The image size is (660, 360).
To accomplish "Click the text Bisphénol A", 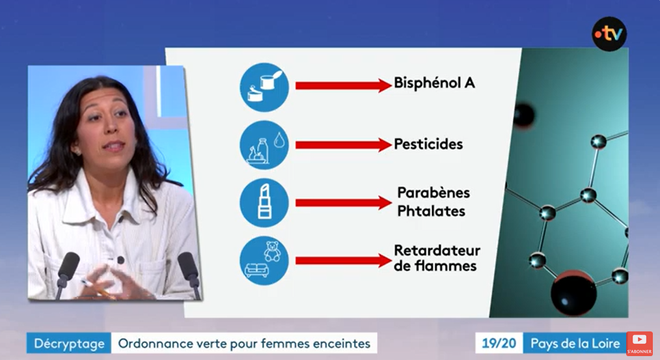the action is (434, 83).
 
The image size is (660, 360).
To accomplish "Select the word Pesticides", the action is (428, 145).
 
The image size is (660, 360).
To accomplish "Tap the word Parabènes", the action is (433, 193).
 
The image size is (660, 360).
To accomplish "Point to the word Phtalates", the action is (431, 210).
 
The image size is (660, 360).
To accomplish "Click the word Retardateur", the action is (437, 250).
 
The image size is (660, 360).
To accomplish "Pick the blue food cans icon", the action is (264, 87).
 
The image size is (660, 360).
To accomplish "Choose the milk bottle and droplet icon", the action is (264, 145).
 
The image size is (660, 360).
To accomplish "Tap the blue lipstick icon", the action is (264, 203).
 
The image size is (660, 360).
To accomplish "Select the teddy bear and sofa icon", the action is (264, 260).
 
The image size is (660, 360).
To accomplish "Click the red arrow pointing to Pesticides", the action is (344, 145).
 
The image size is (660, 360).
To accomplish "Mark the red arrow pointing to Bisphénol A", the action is (344, 85).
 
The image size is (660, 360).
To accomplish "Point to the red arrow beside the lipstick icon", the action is (344, 202).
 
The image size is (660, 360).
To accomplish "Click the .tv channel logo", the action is (609, 34).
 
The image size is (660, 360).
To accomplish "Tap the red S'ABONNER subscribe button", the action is (639, 344).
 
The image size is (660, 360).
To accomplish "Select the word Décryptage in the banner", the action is (70, 344).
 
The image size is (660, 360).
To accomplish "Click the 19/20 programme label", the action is (499, 343).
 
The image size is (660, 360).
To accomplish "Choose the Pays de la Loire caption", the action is (575, 343).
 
